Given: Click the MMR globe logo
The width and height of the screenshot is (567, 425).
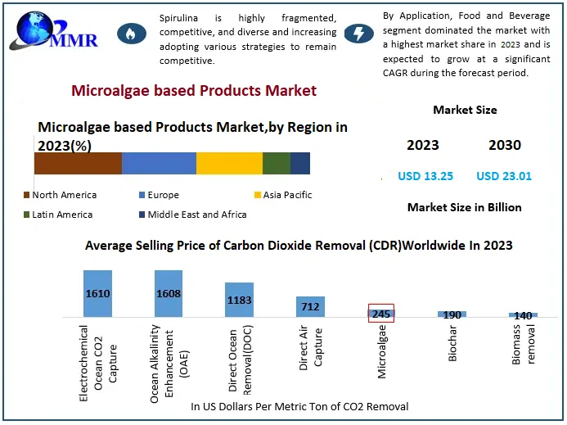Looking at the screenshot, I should [52, 34].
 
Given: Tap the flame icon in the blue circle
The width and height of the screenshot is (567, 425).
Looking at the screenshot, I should [131, 34].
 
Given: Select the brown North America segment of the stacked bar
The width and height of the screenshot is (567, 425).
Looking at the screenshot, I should [78, 163].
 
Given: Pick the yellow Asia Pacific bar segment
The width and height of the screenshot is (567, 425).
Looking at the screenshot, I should [229, 163].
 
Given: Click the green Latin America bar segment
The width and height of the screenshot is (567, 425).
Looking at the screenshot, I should [277, 163].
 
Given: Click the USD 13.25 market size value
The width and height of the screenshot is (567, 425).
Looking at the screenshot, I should [425, 176].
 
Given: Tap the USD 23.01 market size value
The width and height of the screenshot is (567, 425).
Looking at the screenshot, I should [504, 176].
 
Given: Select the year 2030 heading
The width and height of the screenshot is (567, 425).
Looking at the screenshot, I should [504, 145].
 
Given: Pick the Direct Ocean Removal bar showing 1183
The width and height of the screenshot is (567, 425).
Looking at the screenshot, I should [240, 300].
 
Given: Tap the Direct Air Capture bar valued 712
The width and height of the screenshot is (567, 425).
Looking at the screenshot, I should [311, 306].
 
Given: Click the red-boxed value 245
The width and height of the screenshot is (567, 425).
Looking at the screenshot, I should [381, 313].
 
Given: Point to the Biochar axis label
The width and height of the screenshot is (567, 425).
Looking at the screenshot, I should [452, 346].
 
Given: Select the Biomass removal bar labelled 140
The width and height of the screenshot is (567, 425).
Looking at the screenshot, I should [523, 314].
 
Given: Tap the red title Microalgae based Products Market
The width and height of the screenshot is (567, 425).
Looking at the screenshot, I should [194, 90].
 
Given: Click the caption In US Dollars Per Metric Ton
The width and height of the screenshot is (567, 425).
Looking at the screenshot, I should [299, 406].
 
